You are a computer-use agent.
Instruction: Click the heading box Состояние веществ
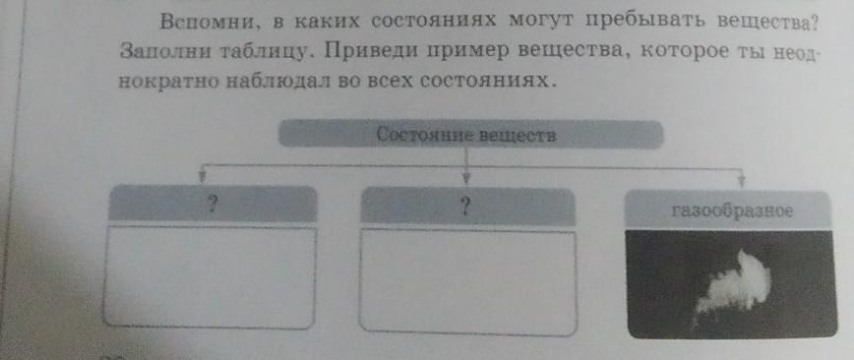coord(470,134)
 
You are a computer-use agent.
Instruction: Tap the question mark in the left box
coord(213,205)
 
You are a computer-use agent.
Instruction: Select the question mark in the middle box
coord(464,207)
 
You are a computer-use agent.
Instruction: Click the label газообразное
coord(731,211)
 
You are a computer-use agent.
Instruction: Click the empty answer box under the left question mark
coord(210,277)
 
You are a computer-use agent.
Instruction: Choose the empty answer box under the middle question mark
coord(468,281)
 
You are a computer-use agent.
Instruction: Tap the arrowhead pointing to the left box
coord(202,177)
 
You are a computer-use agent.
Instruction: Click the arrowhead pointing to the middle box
coord(466,179)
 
